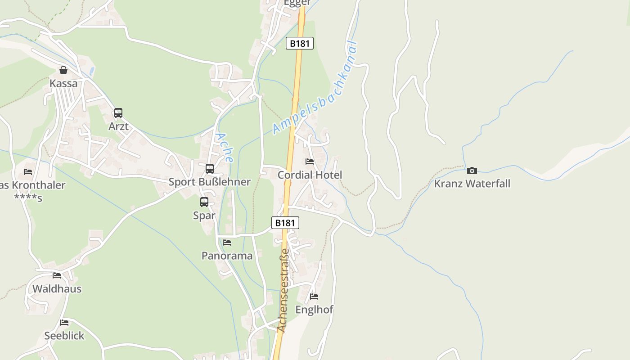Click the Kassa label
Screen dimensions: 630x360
point(63,83)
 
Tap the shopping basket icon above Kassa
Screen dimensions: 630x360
point(63,70)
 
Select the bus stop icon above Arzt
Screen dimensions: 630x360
point(118,113)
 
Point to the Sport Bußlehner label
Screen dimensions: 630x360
point(209,182)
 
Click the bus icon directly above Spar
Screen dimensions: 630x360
point(204,202)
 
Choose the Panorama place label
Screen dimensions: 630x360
point(227,256)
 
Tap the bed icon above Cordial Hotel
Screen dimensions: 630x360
point(310,162)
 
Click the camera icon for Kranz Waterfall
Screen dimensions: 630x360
point(472,171)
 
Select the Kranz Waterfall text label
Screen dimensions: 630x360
point(472,184)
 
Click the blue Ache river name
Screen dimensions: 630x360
point(224,147)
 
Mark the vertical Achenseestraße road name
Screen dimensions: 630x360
point(283,290)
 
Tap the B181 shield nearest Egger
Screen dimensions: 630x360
point(299,43)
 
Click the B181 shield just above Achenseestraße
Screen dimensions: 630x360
point(285,223)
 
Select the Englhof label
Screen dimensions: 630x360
point(314,310)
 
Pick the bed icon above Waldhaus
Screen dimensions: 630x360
point(57,275)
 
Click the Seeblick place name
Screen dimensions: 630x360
point(64,336)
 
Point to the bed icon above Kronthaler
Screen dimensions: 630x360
point(28,172)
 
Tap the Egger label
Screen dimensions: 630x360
point(297,3)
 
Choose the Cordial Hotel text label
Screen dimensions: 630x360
point(310,175)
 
